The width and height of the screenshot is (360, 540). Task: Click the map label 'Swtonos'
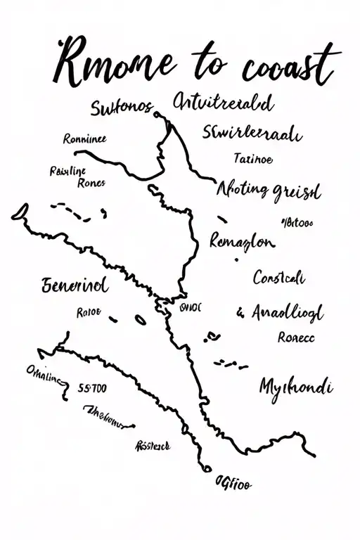coord(122,108)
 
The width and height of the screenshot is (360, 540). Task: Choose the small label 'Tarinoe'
coord(252,160)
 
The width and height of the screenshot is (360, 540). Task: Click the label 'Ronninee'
coord(85,139)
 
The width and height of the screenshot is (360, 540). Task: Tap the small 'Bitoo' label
coord(296,224)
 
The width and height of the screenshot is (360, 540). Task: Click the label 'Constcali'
coord(278,278)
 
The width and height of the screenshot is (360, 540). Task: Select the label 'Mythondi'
coord(296,386)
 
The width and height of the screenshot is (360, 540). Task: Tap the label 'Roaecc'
coord(296,337)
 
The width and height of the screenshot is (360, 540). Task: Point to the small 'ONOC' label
coord(191,307)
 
